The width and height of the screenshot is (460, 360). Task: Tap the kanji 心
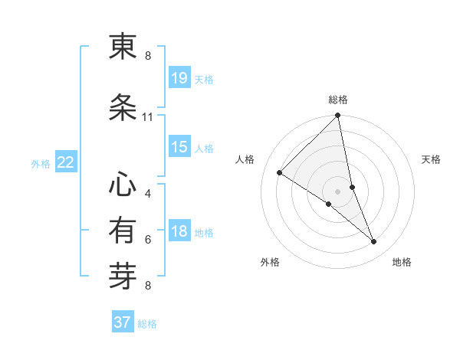[x=123, y=184]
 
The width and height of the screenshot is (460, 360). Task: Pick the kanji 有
[x=123, y=230]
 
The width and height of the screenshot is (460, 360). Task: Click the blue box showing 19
[x=179, y=77]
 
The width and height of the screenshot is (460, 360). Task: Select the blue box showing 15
[x=179, y=147]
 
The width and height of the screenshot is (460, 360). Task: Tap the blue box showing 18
[x=179, y=231]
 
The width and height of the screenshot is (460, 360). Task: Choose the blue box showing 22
[x=65, y=162]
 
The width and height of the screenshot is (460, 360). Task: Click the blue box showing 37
[x=123, y=322]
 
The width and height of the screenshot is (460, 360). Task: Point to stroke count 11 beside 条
[x=147, y=117]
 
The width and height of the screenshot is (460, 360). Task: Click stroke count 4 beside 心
[x=147, y=193]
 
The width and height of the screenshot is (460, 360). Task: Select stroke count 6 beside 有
[x=147, y=240]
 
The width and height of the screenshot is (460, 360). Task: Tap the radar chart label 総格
[x=338, y=100]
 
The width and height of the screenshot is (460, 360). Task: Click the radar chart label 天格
[x=431, y=159]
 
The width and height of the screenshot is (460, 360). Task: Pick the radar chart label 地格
[x=402, y=262]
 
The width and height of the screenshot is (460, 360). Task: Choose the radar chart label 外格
[x=270, y=262]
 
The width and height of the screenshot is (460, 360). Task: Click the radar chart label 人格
[x=245, y=159]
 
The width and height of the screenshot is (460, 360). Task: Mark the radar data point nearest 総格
[x=338, y=116]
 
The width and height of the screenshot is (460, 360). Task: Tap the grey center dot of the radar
[x=338, y=191]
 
